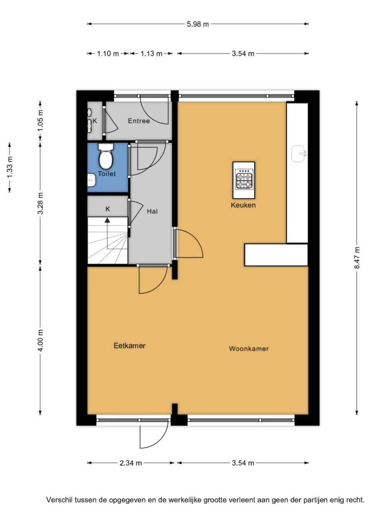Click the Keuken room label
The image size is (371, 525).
coord(243,205)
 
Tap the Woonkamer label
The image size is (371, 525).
coord(248,349)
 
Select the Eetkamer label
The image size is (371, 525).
coord(129,346)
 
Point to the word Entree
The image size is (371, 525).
coord(139,121)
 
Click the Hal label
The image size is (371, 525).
coord(152,211)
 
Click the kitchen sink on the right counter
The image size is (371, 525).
coord(298,153)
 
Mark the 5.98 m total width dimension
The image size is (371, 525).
coord(198,24)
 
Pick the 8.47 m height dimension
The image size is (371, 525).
coord(357,258)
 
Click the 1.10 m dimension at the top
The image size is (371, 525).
coord(108,54)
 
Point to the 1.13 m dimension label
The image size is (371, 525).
coord(151,54)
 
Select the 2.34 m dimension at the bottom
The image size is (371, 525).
coord(131,463)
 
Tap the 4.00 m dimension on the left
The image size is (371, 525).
coord(41,340)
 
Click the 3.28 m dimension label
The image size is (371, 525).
coord(41,203)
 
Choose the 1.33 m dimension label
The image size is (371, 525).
coord(10,167)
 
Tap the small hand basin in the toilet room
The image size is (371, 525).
coord(92,180)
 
